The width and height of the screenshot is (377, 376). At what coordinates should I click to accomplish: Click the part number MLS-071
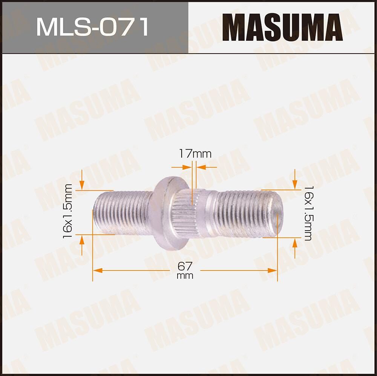click(x=93, y=28)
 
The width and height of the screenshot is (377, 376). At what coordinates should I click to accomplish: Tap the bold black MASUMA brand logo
click(x=282, y=27)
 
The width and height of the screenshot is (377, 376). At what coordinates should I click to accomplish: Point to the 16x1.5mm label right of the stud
click(x=308, y=213)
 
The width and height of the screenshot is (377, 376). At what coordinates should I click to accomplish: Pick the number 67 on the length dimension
click(x=185, y=266)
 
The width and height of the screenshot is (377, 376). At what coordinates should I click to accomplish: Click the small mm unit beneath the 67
click(x=185, y=276)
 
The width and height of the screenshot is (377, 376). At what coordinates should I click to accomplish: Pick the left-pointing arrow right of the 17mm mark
click(x=202, y=167)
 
